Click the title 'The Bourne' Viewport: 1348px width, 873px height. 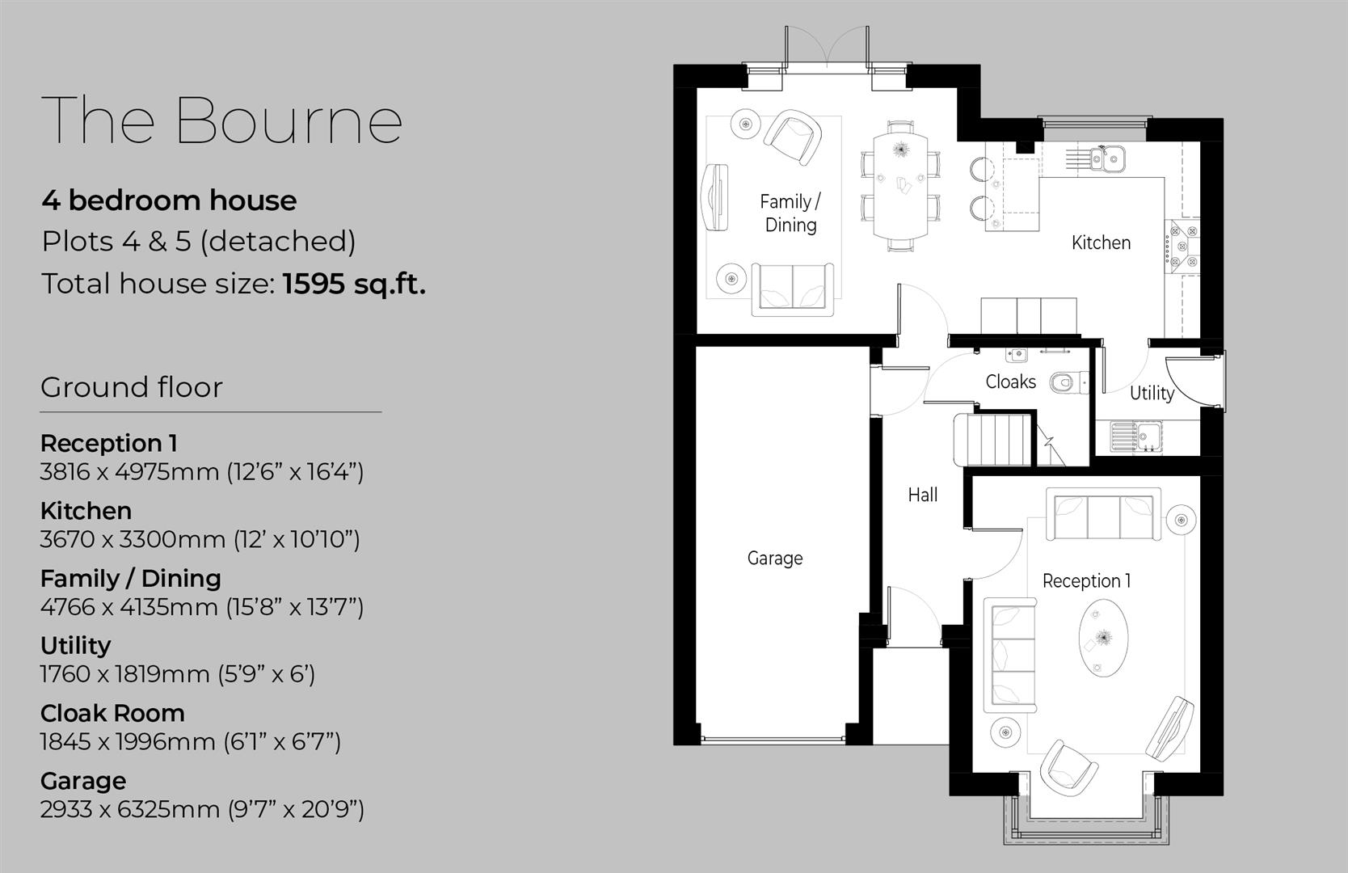tap(221, 120)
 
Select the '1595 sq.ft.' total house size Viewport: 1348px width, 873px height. tap(354, 284)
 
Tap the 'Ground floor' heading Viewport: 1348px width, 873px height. tap(131, 387)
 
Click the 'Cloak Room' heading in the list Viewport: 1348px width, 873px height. tap(112, 713)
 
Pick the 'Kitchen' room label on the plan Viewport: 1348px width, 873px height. tap(1101, 242)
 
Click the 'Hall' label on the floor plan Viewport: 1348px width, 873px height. tap(922, 495)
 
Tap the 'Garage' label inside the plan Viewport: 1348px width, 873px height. tap(775, 558)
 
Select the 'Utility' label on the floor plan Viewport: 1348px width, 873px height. tap(1152, 393)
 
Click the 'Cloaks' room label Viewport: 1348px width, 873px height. tap(1010, 382)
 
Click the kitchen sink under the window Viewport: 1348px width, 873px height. tap(1106, 158)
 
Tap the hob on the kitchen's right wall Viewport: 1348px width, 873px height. tap(1182, 247)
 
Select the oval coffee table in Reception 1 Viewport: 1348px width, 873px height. tap(1099, 637)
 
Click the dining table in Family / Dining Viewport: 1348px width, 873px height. tap(901, 186)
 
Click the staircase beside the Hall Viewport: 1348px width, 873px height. tap(994, 440)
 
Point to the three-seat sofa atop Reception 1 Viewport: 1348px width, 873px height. tap(1103, 514)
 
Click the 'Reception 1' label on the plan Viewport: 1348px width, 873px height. tap(1086, 580)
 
